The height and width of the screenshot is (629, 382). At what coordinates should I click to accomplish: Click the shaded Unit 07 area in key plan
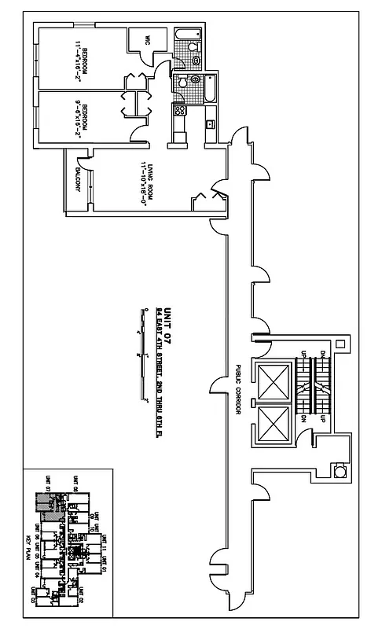[45, 503]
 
